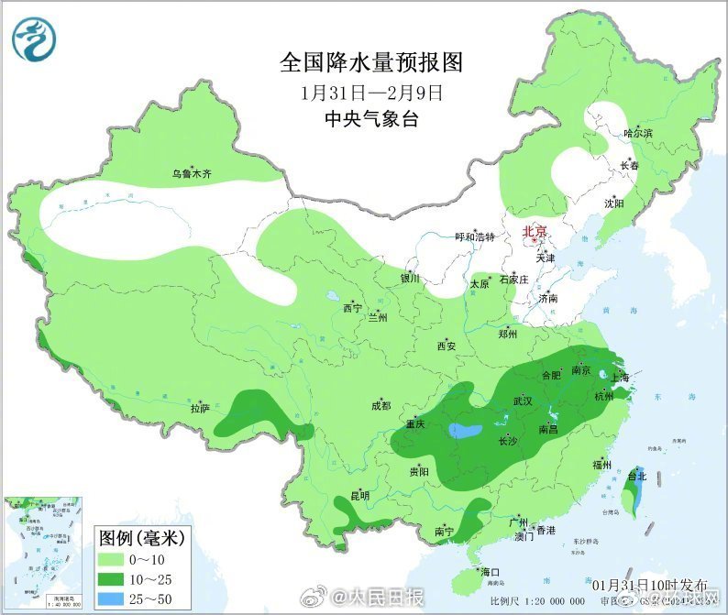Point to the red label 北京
(x=534, y=232)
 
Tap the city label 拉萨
(x=201, y=406)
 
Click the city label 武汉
(x=523, y=401)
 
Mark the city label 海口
(x=489, y=572)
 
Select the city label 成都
(x=381, y=405)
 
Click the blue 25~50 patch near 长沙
(x=465, y=431)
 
